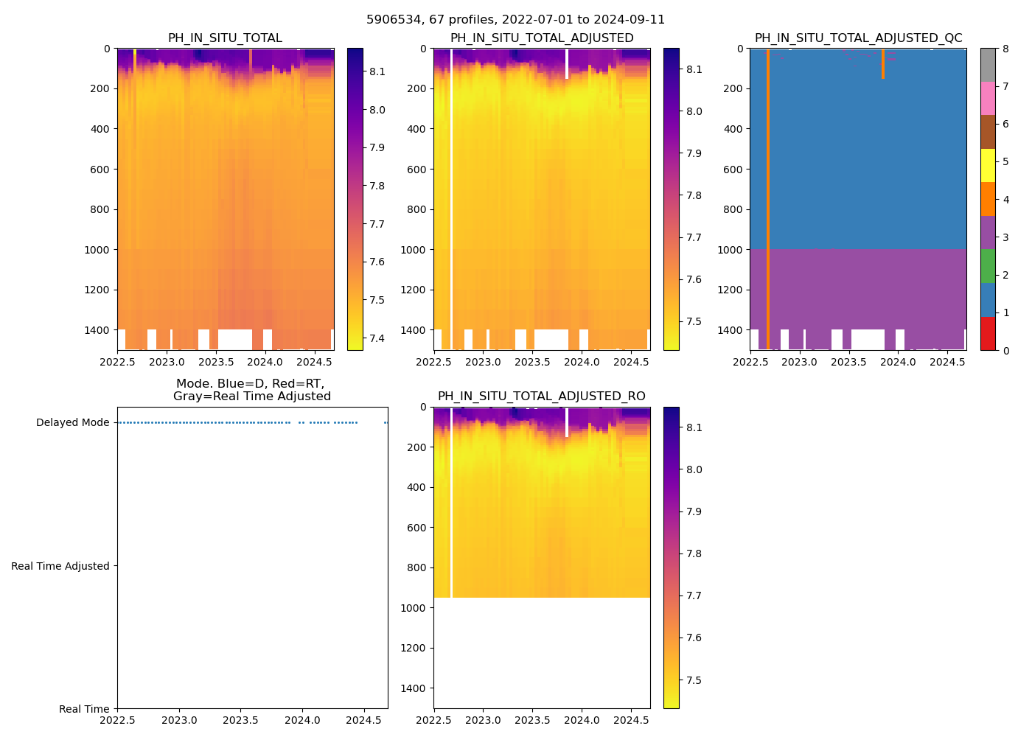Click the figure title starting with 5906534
(x=515, y=20)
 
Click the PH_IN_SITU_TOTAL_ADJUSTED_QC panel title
(x=858, y=38)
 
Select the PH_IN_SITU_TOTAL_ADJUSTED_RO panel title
(x=541, y=397)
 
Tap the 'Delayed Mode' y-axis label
(x=72, y=423)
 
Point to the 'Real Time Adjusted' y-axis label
(x=60, y=566)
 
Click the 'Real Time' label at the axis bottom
(x=84, y=709)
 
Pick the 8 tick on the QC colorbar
(x=1005, y=49)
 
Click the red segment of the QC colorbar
(x=988, y=333)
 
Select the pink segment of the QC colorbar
(x=988, y=99)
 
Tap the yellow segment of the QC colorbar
(x=988, y=165)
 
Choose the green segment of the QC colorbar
(x=988, y=266)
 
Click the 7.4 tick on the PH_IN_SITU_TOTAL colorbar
(x=377, y=338)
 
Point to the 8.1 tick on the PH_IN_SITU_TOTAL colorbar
(x=377, y=71)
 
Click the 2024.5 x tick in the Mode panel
(x=363, y=720)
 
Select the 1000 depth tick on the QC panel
(x=730, y=250)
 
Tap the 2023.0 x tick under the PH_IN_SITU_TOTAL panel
(x=167, y=362)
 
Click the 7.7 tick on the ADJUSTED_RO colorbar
(x=693, y=595)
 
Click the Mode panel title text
(x=251, y=390)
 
